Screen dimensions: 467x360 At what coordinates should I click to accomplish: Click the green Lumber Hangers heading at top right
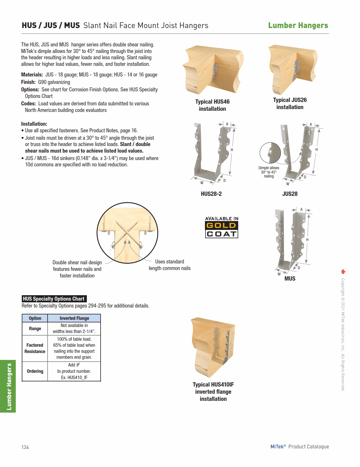(x=298, y=25)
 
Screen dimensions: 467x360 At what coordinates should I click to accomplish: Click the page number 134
(x=25, y=447)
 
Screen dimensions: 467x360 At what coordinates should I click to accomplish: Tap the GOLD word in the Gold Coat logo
(x=221, y=226)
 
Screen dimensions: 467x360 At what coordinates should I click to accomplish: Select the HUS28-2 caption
(x=211, y=194)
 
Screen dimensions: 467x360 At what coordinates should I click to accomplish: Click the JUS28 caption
(x=290, y=194)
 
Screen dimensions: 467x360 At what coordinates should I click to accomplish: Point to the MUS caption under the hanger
(x=290, y=279)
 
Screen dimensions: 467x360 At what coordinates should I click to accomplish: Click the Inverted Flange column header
(x=74, y=318)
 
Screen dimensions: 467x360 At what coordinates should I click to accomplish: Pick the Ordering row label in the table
(x=35, y=371)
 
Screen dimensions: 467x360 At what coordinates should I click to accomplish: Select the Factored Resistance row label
(x=35, y=348)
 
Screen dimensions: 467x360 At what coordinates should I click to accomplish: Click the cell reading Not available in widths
(x=74, y=328)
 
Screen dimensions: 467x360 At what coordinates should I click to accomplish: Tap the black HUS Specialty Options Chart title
(x=54, y=299)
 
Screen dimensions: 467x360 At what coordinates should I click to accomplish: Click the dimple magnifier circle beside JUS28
(x=270, y=153)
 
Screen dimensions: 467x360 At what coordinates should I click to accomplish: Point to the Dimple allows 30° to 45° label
(x=269, y=172)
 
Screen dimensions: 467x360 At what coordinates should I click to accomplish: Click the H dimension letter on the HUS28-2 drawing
(x=232, y=150)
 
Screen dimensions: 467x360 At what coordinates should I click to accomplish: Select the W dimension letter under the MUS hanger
(x=279, y=274)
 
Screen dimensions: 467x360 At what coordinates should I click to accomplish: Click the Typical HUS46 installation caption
(x=212, y=105)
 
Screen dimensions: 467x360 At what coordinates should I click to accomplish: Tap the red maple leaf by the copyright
(x=343, y=272)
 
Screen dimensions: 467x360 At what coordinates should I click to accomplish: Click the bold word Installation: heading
(x=34, y=124)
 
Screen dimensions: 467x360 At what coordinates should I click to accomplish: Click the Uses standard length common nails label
(x=169, y=265)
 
